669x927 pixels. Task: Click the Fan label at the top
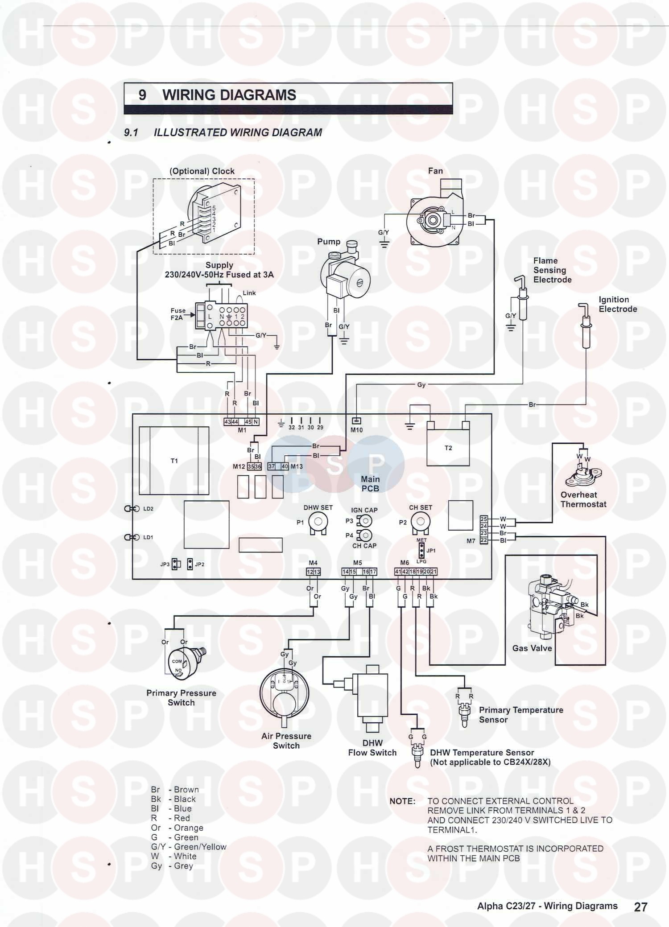click(x=435, y=171)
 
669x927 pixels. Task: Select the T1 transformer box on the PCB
click(x=174, y=461)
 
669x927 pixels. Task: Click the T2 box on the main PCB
click(x=448, y=448)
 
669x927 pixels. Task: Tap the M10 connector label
click(x=356, y=430)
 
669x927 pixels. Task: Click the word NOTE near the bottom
click(x=402, y=801)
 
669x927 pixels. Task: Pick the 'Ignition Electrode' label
click(x=617, y=304)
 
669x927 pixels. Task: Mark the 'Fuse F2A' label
click(x=178, y=314)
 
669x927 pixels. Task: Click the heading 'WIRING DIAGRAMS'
click(x=229, y=95)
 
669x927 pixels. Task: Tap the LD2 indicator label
click(x=148, y=509)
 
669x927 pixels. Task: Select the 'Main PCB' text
click(x=370, y=484)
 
